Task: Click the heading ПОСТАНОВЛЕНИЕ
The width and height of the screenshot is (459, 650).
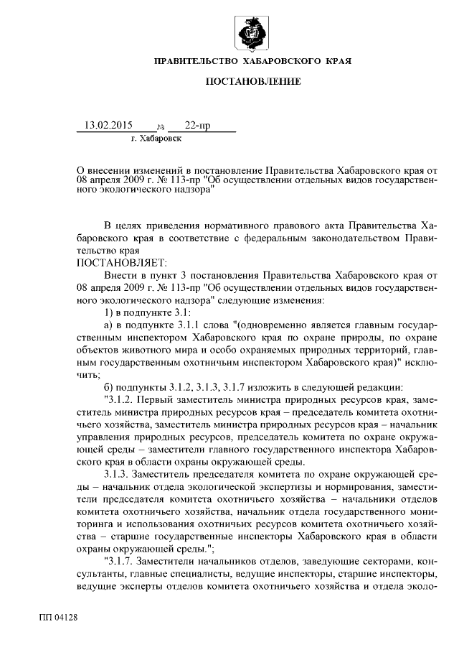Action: pyautogui.click(x=253, y=83)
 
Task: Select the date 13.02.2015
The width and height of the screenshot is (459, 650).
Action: pyautogui.click(x=109, y=126)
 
